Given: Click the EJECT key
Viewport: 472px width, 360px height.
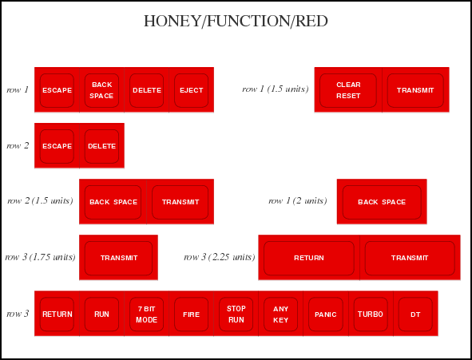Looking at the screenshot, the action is click(192, 90).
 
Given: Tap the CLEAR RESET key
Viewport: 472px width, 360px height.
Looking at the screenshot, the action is click(348, 90).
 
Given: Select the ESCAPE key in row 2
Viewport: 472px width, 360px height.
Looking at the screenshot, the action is click(57, 146).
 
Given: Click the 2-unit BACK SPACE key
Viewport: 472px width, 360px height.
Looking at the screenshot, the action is click(382, 202).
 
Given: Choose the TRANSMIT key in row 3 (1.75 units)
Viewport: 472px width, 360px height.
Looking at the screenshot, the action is click(119, 258).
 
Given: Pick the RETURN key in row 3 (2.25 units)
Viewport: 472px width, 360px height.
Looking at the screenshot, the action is click(309, 258).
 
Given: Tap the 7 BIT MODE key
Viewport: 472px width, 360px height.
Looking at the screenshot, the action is click(147, 314).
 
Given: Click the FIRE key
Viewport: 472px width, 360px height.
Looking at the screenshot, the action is click(192, 314).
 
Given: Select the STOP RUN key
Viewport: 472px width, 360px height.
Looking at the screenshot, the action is click(236, 314).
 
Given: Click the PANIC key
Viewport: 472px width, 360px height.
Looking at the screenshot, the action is click(326, 314).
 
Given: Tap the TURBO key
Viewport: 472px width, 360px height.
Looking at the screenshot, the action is click(371, 314).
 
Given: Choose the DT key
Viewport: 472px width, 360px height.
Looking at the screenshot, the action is click(415, 314).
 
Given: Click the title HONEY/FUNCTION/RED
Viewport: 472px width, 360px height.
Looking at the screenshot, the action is click(236, 21).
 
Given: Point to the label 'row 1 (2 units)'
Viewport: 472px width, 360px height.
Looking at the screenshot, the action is click(298, 201).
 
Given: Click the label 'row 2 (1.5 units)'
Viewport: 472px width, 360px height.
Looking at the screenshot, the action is click(40, 201).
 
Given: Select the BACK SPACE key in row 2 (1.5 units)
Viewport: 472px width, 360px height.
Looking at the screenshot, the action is click(113, 202).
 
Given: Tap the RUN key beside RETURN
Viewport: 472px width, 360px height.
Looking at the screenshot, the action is click(101, 314).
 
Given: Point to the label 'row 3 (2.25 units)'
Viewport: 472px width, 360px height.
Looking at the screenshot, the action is click(220, 257).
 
